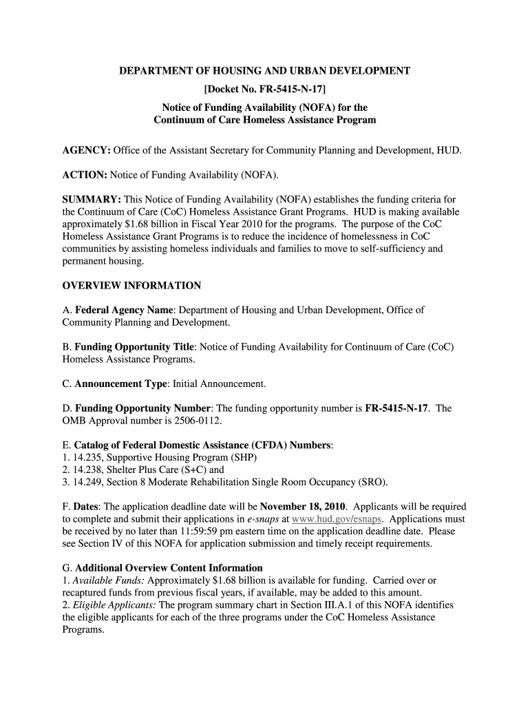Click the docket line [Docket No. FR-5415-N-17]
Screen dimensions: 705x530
(265, 89)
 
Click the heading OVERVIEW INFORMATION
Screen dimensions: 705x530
(131, 285)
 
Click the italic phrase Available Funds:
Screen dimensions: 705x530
(105, 580)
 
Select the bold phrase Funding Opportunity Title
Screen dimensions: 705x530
(135, 346)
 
